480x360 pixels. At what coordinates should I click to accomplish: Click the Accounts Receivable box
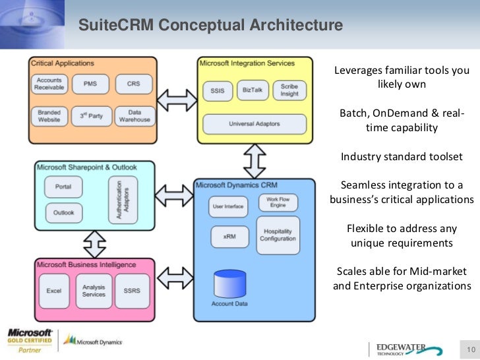pos(50,84)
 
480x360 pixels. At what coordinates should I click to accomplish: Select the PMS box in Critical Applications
pos(90,84)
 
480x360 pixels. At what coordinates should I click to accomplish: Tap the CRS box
pos(134,84)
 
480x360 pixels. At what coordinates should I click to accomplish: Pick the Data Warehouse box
pos(134,116)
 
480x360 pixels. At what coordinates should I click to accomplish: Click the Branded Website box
pos(50,116)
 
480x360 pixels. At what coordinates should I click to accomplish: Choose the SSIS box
pos(217,90)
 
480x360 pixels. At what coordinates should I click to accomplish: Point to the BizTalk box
pos(253,90)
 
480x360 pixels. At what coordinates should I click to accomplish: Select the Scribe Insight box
pos(289,90)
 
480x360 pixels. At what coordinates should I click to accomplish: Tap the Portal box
pos(63,187)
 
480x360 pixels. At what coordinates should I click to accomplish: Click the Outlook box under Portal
pos(63,212)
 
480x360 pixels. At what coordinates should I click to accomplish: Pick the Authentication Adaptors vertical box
pos(123,198)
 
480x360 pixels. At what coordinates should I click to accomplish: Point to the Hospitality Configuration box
pos(278,235)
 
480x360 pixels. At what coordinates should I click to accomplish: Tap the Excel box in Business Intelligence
pos(53,290)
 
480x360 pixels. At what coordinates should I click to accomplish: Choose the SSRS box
pos(132,290)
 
